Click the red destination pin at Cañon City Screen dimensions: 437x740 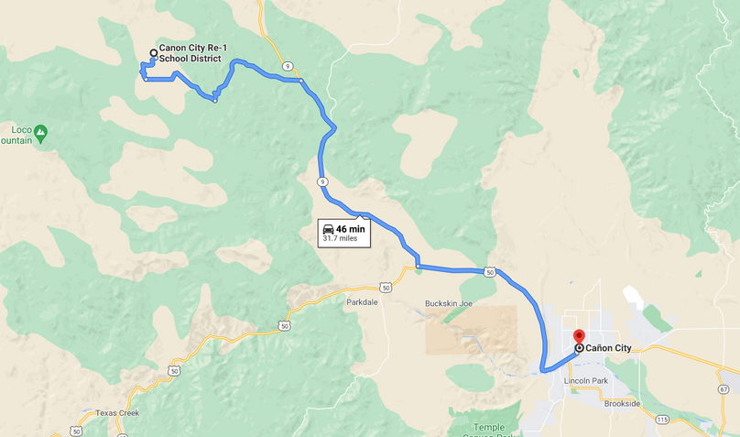pyautogui.click(x=579, y=337)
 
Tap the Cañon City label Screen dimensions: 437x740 pyautogui.click(x=609, y=348)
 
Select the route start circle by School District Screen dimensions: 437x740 pyautogui.click(x=153, y=53)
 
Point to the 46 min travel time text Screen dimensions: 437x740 pyautogui.click(x=350, y=229)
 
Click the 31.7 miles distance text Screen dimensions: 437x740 pyautogui.click(x=343, y=239)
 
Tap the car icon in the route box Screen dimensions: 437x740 pyautogui.click(x=328, y=229)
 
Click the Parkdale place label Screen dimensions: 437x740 pyautogui.click(x=363, y=301)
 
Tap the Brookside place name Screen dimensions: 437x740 pyautogui.click(x=622, y=403)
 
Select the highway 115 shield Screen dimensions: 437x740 pyautogui.click(x=661, y=419)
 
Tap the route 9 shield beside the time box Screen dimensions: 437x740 pyautogui.click(x=323, y=182)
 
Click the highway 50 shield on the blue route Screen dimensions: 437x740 pyautogui.click(x=491, y=272)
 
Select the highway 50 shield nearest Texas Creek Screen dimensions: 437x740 pyautogui.click(x=75, y=431)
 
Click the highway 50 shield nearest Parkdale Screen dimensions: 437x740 pyautogui.click(x=386, y=288)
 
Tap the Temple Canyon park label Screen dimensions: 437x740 pyautogui.click(x=495, y=428)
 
